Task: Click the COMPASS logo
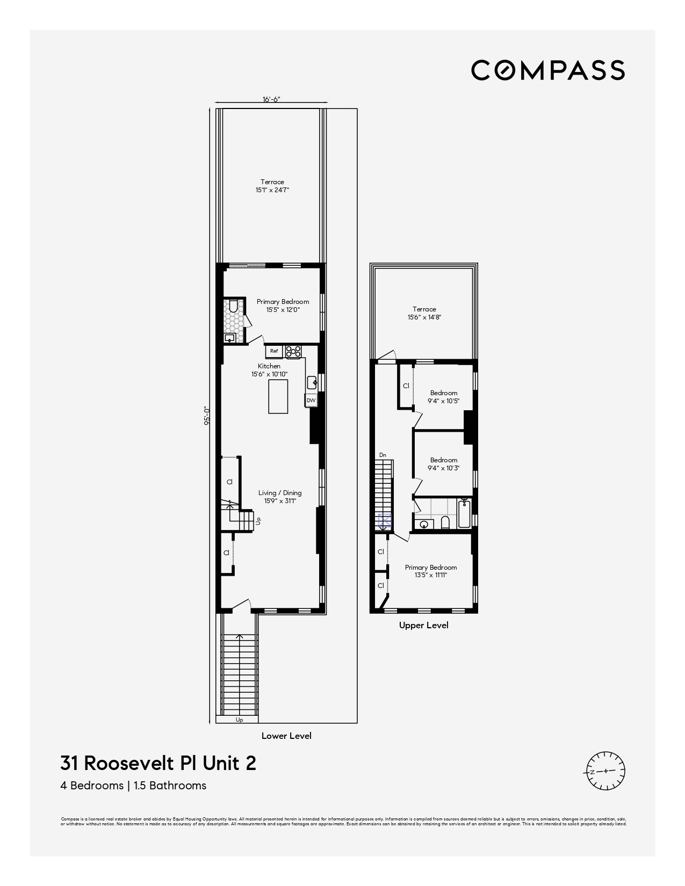(x=547, y=70)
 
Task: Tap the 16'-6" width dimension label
(x=271, y=99)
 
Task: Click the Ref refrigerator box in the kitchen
(x=274, y=351)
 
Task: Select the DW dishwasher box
(x=311, y=400)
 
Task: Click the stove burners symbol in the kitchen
(x=293, y=351)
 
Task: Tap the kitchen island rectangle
(x=278, y=396)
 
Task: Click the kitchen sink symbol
(x=312, y=383)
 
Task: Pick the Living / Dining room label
(x=280, y=497)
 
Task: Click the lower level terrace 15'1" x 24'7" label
(x=272, y=186)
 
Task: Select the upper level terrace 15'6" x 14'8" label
(x=424, y=313)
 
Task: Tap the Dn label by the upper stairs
(x=383, y=455)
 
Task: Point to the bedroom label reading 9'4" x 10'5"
(x=443, y=397)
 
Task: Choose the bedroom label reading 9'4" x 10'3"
(x=443, y=464)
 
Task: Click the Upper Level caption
(x=423, y=625)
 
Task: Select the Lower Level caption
(x=286, y=736)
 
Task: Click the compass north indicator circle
(x=605, y=771)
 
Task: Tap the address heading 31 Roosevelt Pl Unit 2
(x=158, y=763)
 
